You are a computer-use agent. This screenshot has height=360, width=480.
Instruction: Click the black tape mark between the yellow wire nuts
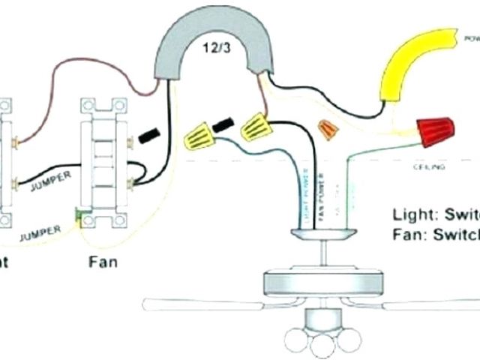coord(223,124)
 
